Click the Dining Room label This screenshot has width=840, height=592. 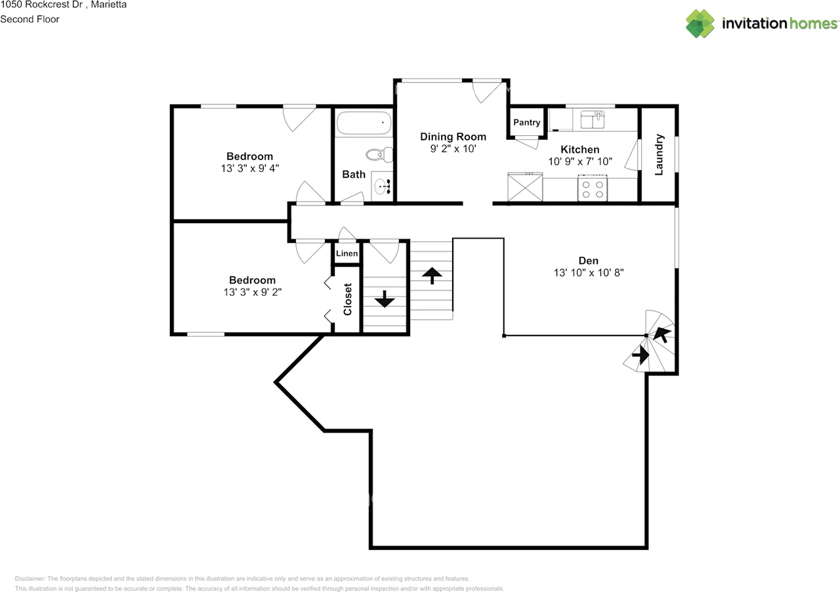point(453,137)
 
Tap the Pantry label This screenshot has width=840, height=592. point(526,123)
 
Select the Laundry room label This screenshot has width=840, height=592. point(660,155)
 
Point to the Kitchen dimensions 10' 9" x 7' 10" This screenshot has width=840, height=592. point(579,161)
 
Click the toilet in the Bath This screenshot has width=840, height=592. point(378,156)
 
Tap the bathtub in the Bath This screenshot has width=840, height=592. point(364,123)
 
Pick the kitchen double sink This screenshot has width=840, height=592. point(593,120)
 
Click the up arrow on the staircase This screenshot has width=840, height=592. point(431,275)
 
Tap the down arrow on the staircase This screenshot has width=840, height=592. point(384,299)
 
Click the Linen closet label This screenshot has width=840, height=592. point(347,253)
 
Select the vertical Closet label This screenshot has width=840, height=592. point(348,299)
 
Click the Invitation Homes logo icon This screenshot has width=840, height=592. point(700,24)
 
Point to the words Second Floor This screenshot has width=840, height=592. point(30,19)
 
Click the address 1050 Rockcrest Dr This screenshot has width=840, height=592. point(41,5)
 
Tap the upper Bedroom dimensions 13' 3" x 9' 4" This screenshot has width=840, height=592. point(250,168)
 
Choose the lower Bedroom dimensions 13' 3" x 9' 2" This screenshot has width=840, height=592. point(252,292)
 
